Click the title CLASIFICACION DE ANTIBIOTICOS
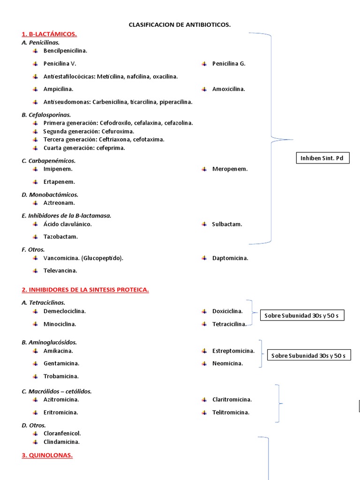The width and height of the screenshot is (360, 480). pyautogui.click(x=180, y=24)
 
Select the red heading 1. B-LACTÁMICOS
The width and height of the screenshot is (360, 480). pyautogui.click(x=49, y=34)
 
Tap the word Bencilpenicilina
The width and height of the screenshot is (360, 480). pyautogui.click(x=65, y=51)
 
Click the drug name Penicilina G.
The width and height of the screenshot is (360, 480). pyautogui.click(x=229, y=64)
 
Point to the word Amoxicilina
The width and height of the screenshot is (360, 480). pyautogui.click(x=228, y=89)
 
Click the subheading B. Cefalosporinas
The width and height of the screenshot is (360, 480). pyautogui.click(x=46, y=115)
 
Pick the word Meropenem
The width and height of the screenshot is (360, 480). pyautogui.click(x=230, y=169)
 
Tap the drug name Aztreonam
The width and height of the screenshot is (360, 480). pyautogui.click(x=59, y=203)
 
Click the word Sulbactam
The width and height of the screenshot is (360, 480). pyautogui.click(x=227, y=225)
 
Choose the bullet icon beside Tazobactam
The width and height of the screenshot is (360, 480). pyautogui.click(x=36, y=237)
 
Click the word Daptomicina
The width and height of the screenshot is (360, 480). pyautogui.click(x=230, y=258)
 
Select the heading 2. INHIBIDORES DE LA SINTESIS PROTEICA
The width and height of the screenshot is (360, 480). pyautogui.click(x=85, y=290)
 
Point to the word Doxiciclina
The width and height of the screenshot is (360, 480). pyautogui.click(x=227, y=311)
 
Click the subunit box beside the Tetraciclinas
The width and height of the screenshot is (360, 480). pyautogui.click(x=302, y=316)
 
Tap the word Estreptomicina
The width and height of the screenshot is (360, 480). pyautogui.click(x=233, y=351)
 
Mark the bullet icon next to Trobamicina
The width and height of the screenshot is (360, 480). pyautogui.click(x=36, y=376)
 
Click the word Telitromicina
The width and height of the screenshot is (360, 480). pyautogui.click(x=231, y=412)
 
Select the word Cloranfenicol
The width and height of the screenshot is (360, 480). pyautogui.click(x=62, y=434)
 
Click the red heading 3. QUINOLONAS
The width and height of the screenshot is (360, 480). pyautogui.click(x=47, y=455)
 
